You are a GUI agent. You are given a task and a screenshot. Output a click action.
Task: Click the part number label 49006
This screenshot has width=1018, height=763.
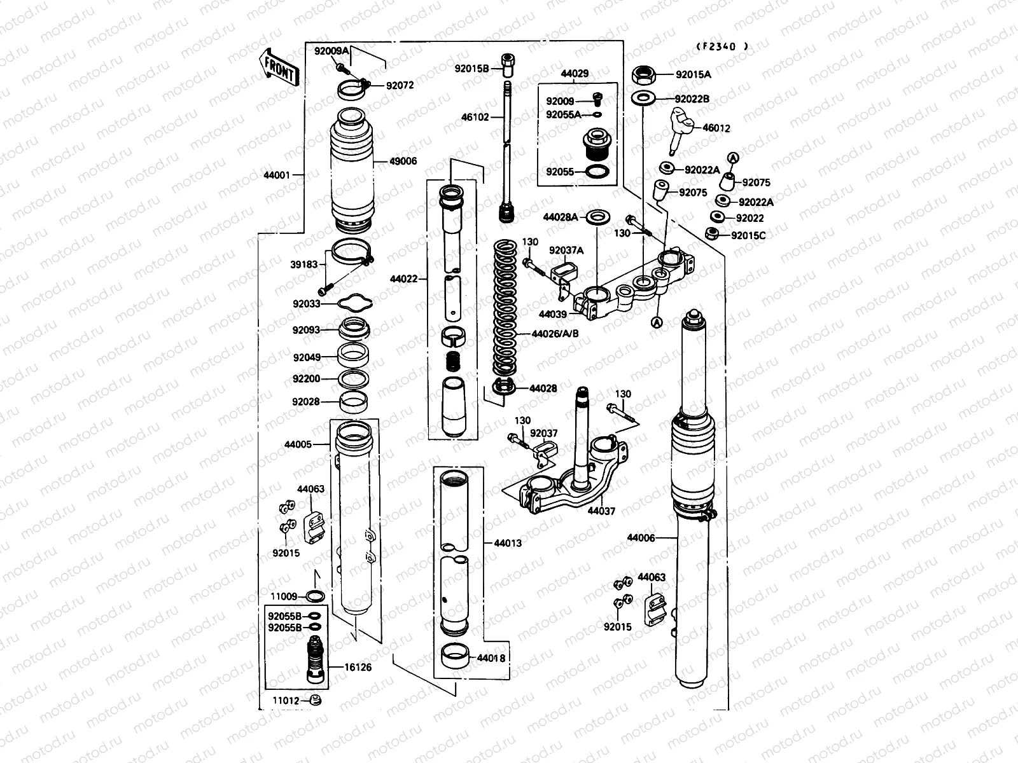[x=403, y=162]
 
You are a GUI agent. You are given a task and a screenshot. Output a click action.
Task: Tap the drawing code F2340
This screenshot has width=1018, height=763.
[x=720, y=46]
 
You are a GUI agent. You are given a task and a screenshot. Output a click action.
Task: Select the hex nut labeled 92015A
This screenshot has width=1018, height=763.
[x=644, y=75]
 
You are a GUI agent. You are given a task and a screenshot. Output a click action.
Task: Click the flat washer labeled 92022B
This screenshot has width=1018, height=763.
[x=644, y=99]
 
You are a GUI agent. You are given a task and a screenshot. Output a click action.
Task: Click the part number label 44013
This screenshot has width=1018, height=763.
[x=507, y=543]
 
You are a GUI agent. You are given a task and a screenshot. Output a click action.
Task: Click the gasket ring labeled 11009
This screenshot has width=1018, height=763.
[x=315, y=596]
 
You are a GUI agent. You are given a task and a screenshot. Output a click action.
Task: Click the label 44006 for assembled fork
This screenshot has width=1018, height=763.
[x=640, y=538]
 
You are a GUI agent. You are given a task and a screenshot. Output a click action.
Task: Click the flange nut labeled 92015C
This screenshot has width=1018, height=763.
[x=713, y=235]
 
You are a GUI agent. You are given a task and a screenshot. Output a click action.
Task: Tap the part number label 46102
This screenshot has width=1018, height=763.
[x=475, y=117]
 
